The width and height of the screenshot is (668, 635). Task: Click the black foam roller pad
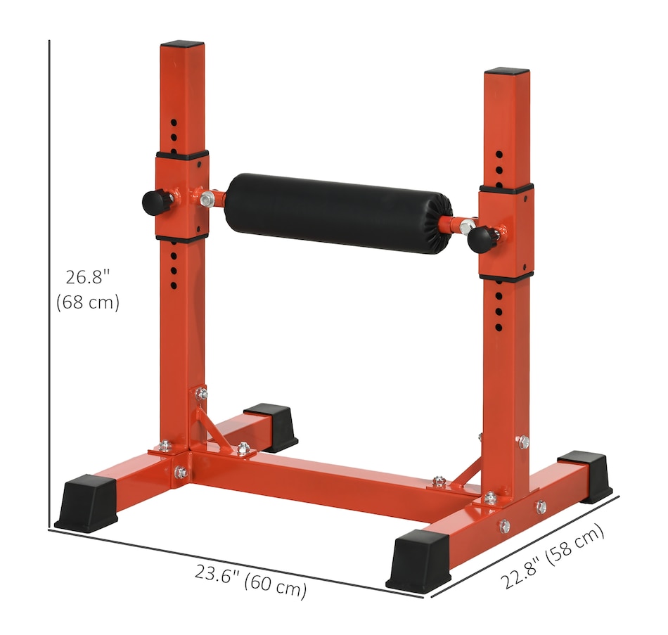(338, 213)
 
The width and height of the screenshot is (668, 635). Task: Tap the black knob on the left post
(154, 203)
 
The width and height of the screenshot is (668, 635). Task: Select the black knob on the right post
(480, 240)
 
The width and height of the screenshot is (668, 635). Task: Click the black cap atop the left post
(182, 44)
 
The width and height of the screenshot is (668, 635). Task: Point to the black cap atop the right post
(507, 71)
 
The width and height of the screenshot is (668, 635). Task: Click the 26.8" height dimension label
(88, 277)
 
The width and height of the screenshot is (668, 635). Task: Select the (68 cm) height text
(88, 302)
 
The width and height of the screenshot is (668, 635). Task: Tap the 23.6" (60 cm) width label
(250, 582)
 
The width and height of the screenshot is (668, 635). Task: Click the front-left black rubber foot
(86, 503)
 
